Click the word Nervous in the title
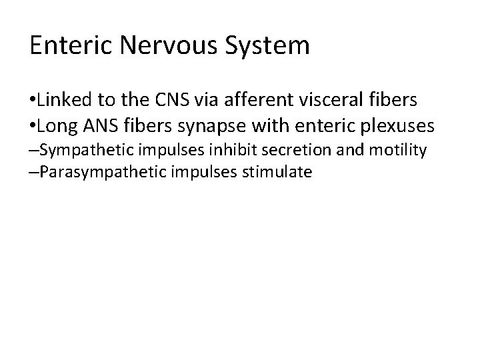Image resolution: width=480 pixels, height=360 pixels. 170,46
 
